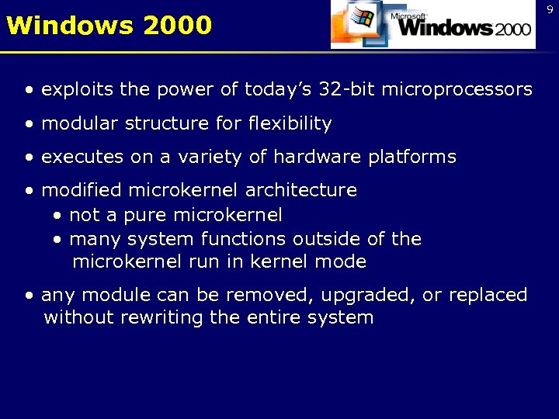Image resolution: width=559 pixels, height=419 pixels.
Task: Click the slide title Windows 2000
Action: [x=109, y=25]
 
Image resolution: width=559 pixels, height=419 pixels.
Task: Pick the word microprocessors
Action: [x=464, y=90]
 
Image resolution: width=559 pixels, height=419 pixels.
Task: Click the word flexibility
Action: [x=290, y=123]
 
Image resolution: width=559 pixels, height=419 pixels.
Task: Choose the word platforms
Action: [x=412, y=157]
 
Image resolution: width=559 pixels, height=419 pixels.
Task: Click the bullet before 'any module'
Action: [x=30, y=295]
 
